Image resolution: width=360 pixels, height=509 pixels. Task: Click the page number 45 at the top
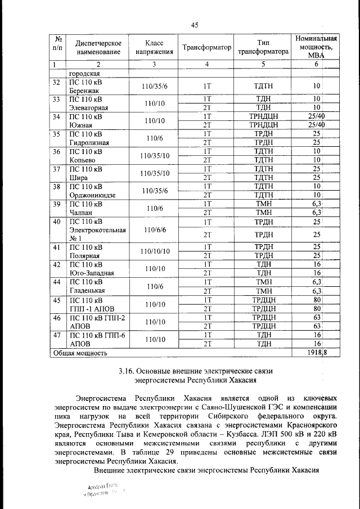pyautogui.click(x=195, y=25)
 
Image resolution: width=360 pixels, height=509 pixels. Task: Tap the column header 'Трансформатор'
pyautogui.click(x=206, y=48)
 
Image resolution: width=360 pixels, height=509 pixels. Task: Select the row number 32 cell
pyautogui.click(x=56, y=83)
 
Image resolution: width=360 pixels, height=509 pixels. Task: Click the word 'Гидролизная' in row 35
pyautogui.click(x=91, y=143)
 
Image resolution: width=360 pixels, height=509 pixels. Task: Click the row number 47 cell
pyautogui.click(x=56, y=335)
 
